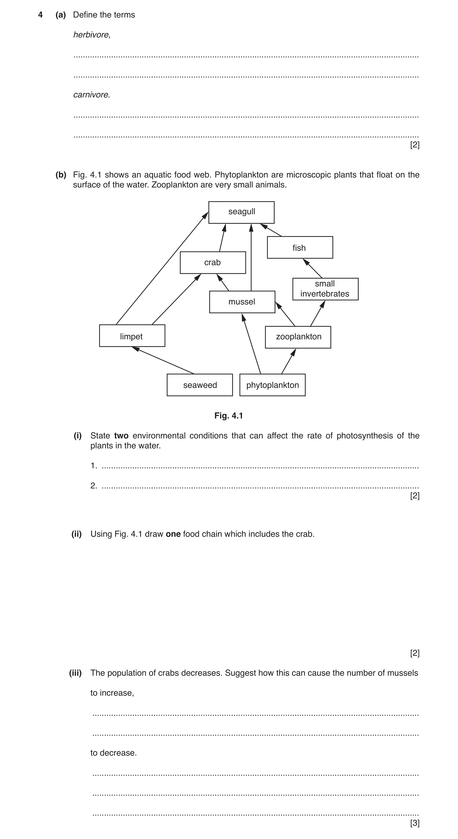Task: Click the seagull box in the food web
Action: [241, 212]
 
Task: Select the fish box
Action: [300, 248]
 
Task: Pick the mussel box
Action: [242, 302]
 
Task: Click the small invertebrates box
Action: [325, 289]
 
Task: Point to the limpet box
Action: [132, 336]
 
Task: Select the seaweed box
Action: [200, 385]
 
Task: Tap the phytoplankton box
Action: [272, 385]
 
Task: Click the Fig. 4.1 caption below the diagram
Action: [229, 416]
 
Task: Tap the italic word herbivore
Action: [91, 35]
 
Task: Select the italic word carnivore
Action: [91, 95]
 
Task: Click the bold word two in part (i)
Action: [121, 436]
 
